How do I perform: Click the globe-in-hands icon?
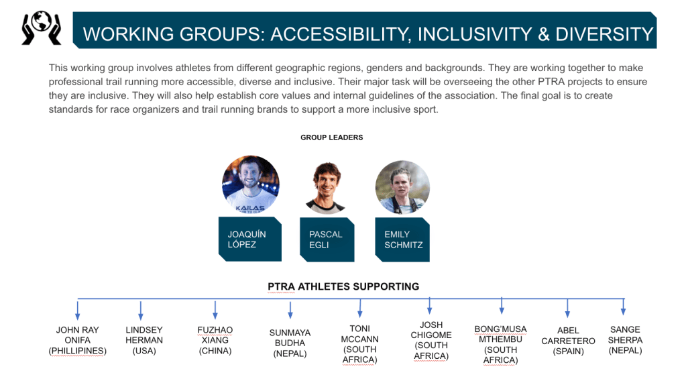[x=42, y=28]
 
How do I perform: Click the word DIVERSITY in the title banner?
[x=604, y=34]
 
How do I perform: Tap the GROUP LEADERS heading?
[x=332, y=137]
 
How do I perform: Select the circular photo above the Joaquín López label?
[x=251, y=184]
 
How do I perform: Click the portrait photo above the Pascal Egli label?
[x=325, y=188]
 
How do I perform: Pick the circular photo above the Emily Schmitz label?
[x=402, y=187]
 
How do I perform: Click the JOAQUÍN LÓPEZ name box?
[x=250, y=239]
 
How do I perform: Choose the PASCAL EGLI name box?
[x=327, y=239]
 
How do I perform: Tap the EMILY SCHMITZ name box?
[x=402, y=239]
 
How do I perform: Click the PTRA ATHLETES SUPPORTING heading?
[x=343, y=287]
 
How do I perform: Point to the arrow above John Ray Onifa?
[x=77, y=309]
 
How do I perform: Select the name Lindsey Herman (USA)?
[x=144, y=340]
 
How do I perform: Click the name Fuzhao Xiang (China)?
[x=215, y=340]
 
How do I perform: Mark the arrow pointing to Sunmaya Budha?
[x=290, y=309]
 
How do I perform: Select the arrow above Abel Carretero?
[x=567, y=309]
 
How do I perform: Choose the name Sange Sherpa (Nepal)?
[x=625, y=340]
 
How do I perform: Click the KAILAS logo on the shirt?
[x=250, y=208]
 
